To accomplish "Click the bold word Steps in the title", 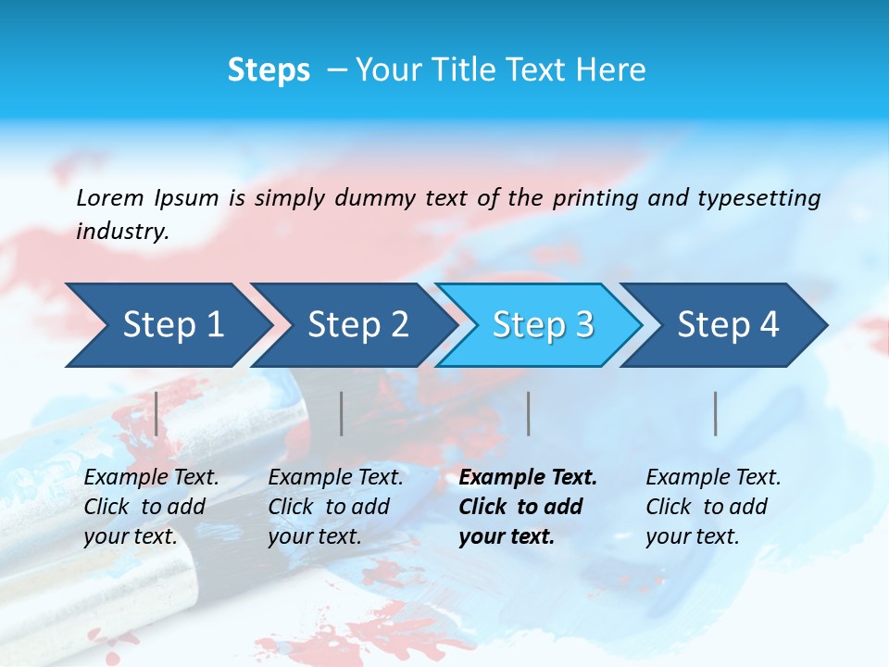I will (269, 70).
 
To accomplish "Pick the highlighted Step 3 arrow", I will (543, 324).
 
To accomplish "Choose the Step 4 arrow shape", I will (728, 324).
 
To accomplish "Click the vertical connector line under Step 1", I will (157, 413).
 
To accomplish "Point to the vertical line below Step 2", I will (342, 413).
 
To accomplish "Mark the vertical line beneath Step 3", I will (529, 413).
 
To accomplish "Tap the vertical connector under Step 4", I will (716, 413).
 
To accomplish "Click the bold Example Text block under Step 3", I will (528, 507).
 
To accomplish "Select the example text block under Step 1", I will (151, 507).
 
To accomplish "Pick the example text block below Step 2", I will (335, 507).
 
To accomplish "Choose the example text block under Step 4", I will (713, 507).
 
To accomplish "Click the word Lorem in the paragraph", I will (110, 197).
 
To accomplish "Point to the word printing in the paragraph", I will (595, 197).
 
